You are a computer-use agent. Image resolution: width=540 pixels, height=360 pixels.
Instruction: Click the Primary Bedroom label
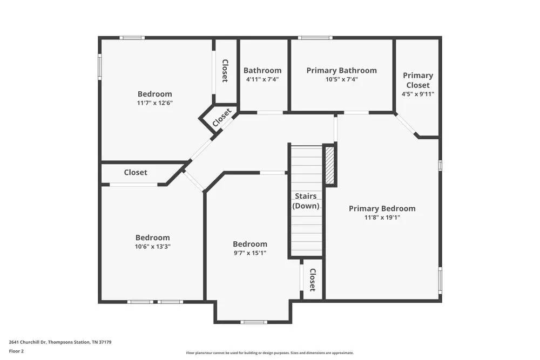click(382, 208)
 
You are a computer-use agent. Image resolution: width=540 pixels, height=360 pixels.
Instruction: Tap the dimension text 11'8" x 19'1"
click(382, 218)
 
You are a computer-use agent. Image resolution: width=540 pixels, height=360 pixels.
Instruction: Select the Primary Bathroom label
click(341, 70)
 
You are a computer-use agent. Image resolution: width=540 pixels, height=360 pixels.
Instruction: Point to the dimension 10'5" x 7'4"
click(341, 79)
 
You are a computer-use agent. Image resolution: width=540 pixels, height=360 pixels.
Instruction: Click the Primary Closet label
click(417, 80)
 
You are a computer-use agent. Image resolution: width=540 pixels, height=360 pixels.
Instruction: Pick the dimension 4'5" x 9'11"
click(417, 94)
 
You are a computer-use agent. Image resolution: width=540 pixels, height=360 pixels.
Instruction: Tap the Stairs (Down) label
click(306, 201)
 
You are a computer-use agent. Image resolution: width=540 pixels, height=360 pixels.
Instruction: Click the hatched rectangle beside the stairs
click(329, 165)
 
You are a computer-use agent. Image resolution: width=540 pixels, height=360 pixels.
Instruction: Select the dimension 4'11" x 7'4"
click(262, 79)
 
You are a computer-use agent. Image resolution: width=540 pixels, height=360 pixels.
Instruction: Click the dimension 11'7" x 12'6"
click(154, 103)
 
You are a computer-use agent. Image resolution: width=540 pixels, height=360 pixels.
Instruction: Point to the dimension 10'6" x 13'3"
click(152, 246)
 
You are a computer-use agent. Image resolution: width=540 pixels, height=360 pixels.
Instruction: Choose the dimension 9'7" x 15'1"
click(249, 253)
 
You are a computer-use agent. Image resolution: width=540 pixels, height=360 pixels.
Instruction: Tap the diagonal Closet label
click(222, 118)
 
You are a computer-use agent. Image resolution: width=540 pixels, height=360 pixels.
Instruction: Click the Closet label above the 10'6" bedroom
click(136, 173)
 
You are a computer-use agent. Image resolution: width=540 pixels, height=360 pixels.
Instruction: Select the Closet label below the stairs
click(312, 280)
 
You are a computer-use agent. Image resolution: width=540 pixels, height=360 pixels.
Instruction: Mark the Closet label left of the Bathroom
click(225, 71)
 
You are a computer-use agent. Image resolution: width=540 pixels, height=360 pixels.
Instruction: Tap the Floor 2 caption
click(16, 351)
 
